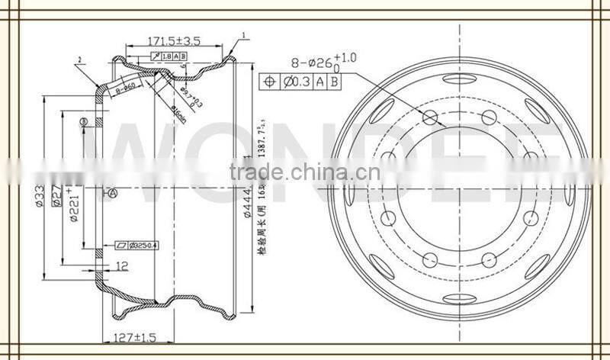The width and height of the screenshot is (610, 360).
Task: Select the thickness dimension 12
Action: pyautogui.click(x=122, y=266)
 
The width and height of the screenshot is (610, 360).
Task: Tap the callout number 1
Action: pyautogui.click(x=244, y=35)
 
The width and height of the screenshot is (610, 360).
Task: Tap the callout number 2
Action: pyautogui.click(x=79, y=59)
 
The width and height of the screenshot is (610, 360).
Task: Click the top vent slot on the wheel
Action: pyautogui.click(x=460, y=81)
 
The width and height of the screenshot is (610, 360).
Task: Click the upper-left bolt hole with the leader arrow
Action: pyautogui.click(x=430, y=117)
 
